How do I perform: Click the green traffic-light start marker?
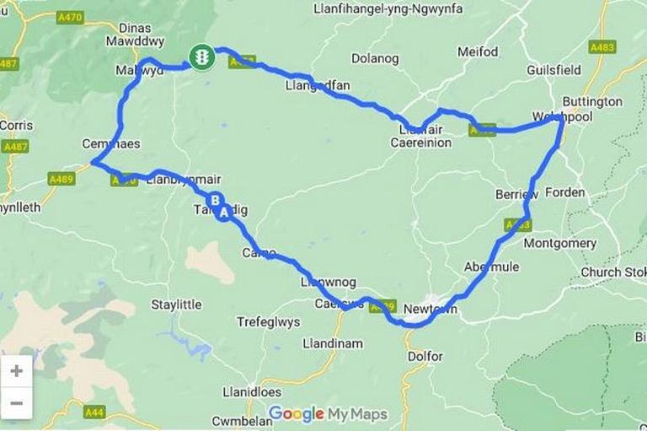(x=202, y=57)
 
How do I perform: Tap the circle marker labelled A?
(x=224, y=213)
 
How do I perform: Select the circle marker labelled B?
(x=216, y=201)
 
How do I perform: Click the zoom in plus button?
(x=17, y=371)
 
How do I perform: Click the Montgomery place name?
(x=560, y=243)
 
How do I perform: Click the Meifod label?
(x=478, y=52)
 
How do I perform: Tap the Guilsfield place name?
(x=554, y=69)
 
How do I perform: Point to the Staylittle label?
(x=176, y=304)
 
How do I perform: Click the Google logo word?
(x=296, y=413)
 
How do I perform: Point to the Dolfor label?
(x=425, y=356)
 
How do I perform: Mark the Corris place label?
(x=17, y=125)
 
